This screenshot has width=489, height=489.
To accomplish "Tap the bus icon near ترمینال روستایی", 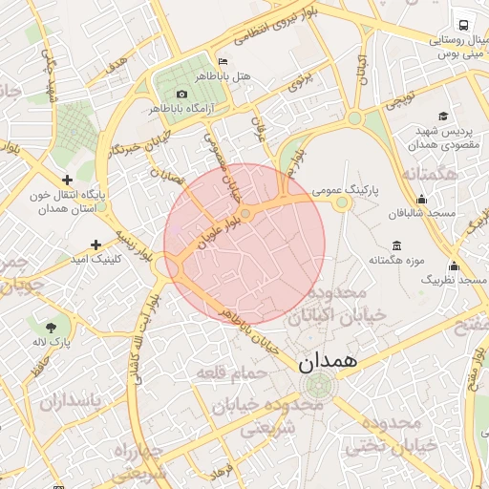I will [463, 26].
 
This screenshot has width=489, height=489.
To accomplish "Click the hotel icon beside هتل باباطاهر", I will [223, 60].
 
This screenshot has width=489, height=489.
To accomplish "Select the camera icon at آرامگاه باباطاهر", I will [182, 94].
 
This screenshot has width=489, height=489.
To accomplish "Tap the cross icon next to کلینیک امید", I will [96, 244].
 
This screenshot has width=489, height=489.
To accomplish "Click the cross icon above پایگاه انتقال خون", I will [67, 180].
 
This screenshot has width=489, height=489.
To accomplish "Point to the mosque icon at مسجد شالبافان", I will [421, 199].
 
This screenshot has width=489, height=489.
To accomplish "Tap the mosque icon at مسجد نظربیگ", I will [453, 266].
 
